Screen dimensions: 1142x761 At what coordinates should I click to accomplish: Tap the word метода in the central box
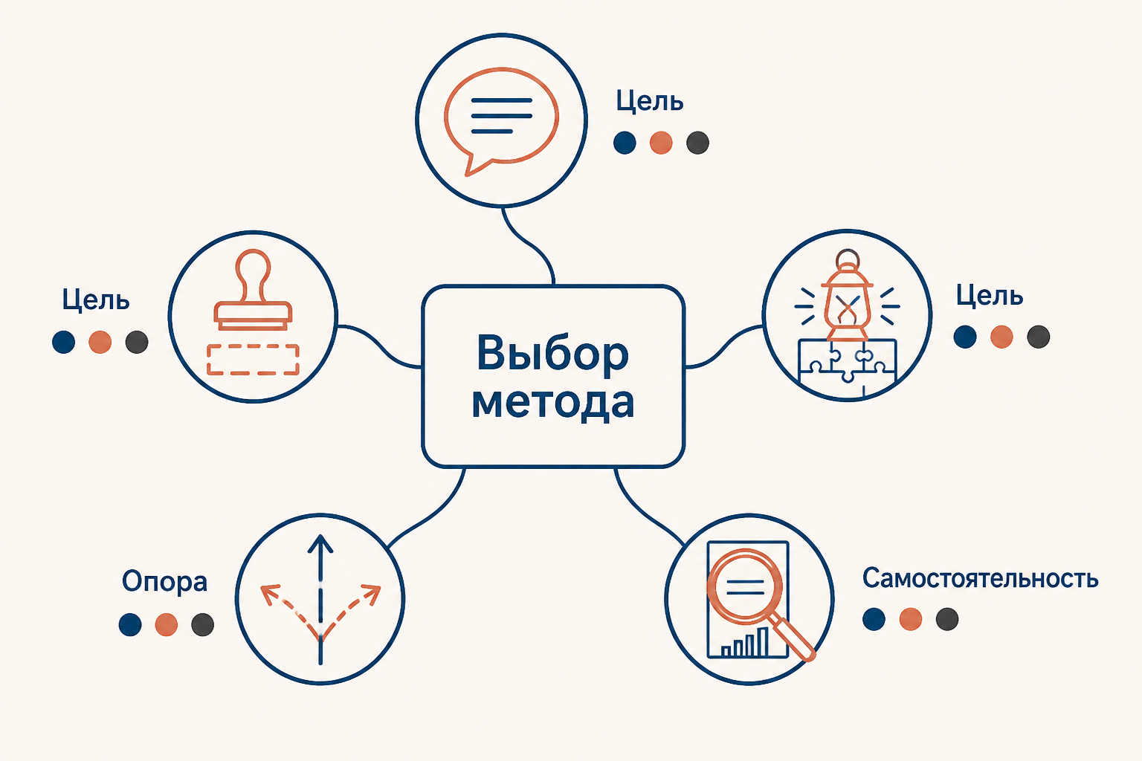pyautogui.click(x=552, y=404)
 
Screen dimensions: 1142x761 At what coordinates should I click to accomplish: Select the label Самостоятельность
pyautogui.click(x=980, y=578)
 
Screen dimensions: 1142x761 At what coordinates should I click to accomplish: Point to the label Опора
pyautogui.click(x=164, y=582)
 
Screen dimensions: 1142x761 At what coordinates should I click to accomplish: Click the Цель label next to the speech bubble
pyautogui.click(x=650, y=101)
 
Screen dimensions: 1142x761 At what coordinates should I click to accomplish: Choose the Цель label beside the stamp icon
pyautogui.click(x=96, y=299)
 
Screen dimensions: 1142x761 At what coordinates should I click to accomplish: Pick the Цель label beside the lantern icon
pyautogui.click(x=990, y=295)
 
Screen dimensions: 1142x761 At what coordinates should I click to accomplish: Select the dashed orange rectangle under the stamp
pyautogui.click(x=253, y=360)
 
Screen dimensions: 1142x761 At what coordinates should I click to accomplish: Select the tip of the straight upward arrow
pyautogui.click(x=320, y=535)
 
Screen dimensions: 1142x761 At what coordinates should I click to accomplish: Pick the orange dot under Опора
pyautogui.click(x=167, y=624)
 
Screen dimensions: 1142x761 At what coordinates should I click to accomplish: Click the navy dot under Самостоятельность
pyautogui.click(x=874, y=619)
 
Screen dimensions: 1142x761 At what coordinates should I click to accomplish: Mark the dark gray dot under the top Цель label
pyautogui.click(x=697, y=142)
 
